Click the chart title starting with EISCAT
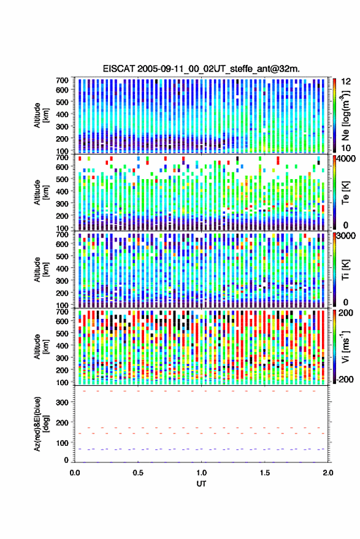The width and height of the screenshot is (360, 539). coord(201,69)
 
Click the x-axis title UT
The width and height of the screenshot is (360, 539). coord(202,484)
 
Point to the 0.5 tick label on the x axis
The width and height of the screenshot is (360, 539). coord(138,473)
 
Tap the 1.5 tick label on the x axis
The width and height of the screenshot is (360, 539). coord(265,473)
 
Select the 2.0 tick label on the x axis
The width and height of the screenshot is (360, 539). coord(328,473)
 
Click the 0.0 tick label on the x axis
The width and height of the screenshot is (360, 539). coord(75,473)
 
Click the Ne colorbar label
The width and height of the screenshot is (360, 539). coord(345,115)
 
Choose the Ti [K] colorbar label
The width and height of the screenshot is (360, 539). coord(345,270)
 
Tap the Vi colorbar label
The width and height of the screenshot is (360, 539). coord(345,347)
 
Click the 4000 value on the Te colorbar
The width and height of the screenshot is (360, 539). coord(346,159)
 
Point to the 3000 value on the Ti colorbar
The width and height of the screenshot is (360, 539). coord(346,236)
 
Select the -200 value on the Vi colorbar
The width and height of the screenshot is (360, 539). coord(345,380)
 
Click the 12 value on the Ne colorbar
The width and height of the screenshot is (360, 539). coord(346,82)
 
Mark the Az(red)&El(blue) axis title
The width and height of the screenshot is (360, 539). coord(40,424)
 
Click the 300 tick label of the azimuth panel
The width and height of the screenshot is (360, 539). coord(62,402)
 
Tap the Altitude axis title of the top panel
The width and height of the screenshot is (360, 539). coord(40,115)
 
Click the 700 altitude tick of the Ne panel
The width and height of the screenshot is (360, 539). coord(62,80)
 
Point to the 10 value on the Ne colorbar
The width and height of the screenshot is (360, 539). coord(346,148)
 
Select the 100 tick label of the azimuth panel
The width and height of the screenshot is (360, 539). coord(62,443)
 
